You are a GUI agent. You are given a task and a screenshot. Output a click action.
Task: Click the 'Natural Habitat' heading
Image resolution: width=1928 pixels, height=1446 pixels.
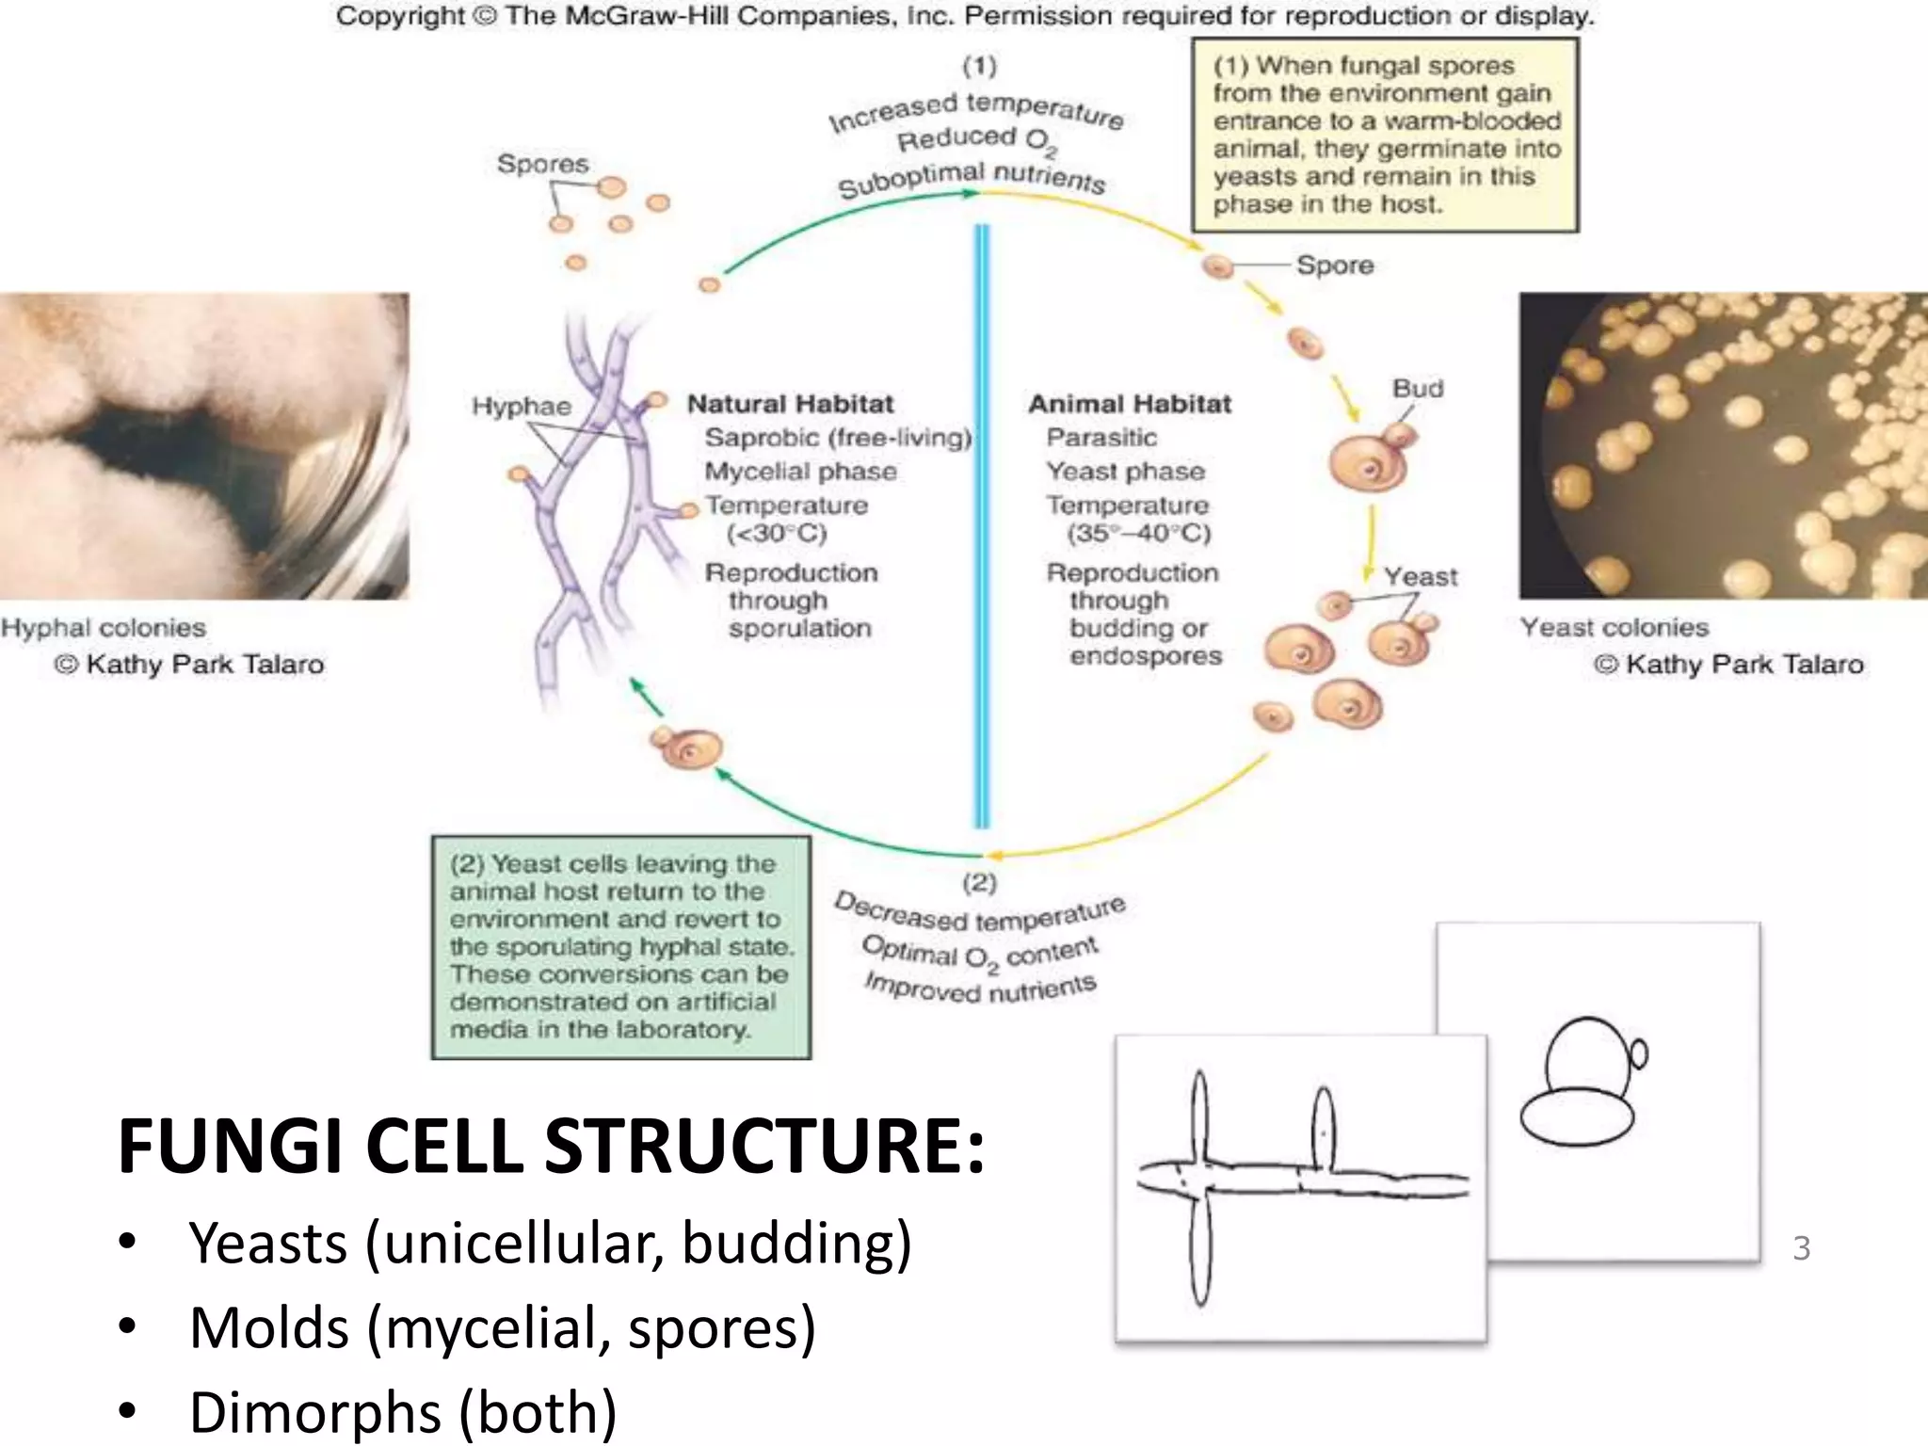[x=790, y=404]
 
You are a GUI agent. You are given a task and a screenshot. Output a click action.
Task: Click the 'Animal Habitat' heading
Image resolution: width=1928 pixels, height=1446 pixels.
[x=1130, y=404]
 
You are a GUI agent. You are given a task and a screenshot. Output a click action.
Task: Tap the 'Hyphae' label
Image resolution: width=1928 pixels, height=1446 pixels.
[x=522, y=407]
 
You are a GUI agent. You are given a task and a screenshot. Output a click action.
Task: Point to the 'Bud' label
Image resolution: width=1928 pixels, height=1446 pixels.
[x=1418, y=389]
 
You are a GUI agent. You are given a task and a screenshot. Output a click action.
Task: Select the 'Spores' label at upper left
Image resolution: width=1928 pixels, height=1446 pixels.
[x=542, y=164]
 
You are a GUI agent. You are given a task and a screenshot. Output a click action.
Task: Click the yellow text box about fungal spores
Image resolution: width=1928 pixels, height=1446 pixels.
[x=1385, y=135]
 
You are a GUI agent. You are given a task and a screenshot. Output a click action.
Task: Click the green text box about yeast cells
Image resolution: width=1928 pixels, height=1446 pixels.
[x=621, y=947]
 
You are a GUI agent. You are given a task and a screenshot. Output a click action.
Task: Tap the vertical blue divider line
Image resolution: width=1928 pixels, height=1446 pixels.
[x=982, y=527]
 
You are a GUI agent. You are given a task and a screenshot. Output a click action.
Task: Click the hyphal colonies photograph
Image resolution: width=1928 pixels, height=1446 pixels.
[x=204, y=446]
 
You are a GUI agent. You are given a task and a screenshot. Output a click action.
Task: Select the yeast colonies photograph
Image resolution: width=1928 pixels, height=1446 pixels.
[x=1723, y=446]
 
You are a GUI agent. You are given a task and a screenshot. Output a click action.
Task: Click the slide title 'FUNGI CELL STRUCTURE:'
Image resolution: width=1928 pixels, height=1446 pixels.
[x=551, y=1147]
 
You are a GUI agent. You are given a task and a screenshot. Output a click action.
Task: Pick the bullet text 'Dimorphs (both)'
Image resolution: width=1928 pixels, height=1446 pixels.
[x=403, y=1412]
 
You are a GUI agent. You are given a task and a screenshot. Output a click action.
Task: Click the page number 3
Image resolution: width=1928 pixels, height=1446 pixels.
[x=1801, y=1248]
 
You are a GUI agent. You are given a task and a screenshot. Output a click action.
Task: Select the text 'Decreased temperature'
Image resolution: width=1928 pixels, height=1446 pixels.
[x=979, y=912]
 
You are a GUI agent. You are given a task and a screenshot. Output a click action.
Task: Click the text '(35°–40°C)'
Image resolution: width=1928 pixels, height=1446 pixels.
[x=1138, y=534]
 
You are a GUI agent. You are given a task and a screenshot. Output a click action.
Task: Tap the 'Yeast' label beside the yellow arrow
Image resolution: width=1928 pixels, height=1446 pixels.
[x=1420, y=577]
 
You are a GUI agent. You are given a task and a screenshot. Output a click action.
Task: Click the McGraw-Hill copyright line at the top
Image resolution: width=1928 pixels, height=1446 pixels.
[x=965, y=17]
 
